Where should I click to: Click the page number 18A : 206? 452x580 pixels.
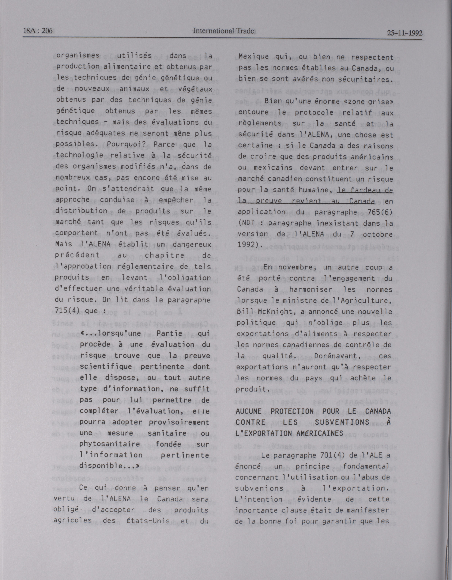(x=38, y=31)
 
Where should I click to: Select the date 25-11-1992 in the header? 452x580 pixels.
(x=405, y=33)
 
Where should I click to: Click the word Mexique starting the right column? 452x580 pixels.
(x=253, y=57)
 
